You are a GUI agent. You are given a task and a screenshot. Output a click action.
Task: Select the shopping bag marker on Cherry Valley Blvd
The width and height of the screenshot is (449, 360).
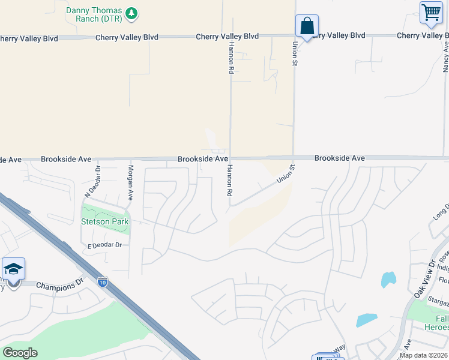307,26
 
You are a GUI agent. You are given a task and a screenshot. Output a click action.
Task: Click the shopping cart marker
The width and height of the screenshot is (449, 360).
430,12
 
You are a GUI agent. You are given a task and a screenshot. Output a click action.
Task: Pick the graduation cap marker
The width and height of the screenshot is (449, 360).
13,269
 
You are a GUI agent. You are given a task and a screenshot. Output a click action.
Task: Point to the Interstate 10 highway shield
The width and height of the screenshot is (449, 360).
103,280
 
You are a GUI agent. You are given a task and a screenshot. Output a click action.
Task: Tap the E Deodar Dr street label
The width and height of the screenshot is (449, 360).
104,245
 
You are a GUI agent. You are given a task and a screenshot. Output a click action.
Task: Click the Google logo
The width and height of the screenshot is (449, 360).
20,352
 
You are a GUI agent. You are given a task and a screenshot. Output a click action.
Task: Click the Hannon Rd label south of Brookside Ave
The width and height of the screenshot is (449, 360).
229,182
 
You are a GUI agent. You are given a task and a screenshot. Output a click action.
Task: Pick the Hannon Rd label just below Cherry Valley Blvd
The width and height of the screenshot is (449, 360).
230,58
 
